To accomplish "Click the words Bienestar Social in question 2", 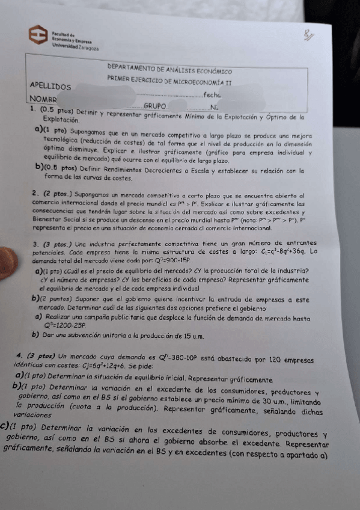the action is (x=59, y=221).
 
